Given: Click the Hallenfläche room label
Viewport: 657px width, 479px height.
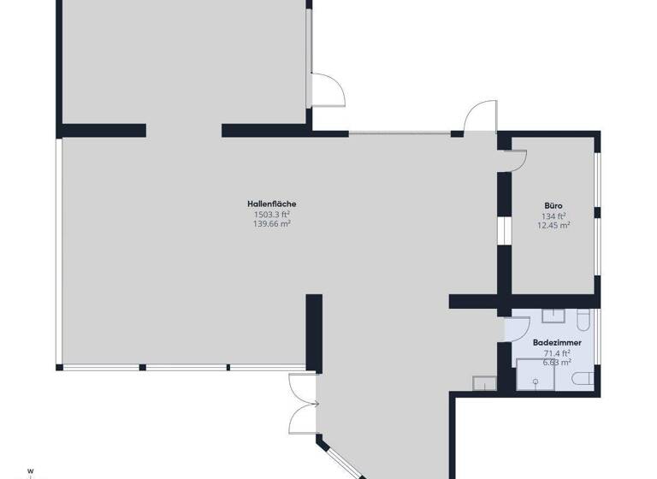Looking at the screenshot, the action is tap(271, 204).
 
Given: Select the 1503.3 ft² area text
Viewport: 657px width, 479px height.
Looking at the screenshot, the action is tap(272, 215).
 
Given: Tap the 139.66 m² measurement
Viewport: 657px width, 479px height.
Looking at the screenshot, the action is tap(272, 224).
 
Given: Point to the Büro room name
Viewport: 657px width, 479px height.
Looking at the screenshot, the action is tap(553, 206).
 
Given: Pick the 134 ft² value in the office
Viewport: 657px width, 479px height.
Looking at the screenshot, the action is tap(553, 216).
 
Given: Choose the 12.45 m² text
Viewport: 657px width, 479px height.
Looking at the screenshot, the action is tap(553, 226).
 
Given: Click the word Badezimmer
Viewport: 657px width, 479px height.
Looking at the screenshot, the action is tap(557, 343).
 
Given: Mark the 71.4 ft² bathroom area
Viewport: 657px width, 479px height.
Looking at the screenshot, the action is tap(557, 353).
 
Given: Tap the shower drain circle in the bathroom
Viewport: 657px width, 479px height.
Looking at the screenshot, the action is tap(536, 381).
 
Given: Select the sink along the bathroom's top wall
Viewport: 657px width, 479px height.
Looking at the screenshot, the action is tap(553, 316).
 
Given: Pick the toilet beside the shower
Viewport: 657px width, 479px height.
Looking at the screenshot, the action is tap(583, 378).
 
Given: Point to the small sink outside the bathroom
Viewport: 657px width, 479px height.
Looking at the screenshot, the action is tap(484, 383).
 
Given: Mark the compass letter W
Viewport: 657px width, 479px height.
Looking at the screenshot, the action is tap(30, 471).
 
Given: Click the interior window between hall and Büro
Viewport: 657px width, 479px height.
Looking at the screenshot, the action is tap(504, 230).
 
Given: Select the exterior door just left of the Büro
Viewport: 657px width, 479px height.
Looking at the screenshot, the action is tap(481, 116).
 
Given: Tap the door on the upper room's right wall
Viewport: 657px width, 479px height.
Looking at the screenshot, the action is tap(328, 90).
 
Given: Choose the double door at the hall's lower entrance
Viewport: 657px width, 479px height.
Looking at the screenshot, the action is tap(303, 405).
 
